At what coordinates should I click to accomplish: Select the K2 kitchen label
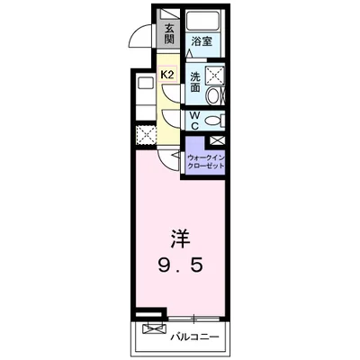166,75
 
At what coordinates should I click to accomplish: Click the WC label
194,120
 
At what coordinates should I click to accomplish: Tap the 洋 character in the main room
181,240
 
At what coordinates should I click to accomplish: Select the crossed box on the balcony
153,329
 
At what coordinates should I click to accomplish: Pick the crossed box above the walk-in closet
217,140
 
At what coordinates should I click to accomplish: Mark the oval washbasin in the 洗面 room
214,97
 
